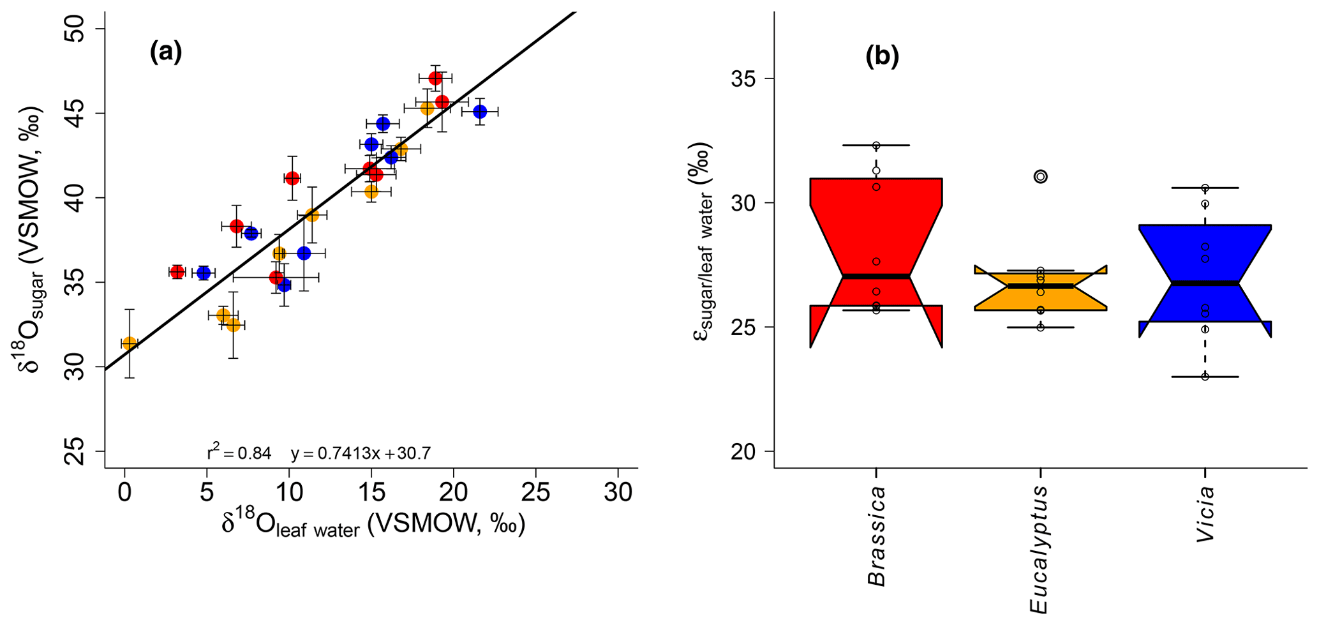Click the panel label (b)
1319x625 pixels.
[882, 57]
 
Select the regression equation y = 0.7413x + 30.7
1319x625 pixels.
[361, 454]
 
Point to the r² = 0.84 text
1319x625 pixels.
[239, 454]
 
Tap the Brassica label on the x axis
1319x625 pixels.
[877, 536]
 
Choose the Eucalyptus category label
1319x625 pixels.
[1040, 550]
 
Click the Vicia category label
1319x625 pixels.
[1205, 514]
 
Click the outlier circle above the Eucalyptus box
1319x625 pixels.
[1040, 176]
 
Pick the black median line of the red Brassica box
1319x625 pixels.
[876, 276]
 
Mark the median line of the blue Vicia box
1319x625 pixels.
[1205, 282]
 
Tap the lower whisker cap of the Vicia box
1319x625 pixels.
[1205, 377]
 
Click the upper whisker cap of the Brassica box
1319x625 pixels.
[876, 146]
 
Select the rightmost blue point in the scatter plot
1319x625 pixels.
[480, 112]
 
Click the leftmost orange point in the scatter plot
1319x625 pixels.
[130, 343]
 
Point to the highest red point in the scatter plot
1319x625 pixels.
[435, 79]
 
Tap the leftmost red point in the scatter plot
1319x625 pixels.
[177, 272]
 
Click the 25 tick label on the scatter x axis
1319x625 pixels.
[535, 492]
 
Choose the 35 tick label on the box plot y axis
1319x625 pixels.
[749, 79]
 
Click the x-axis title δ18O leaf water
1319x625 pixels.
[373, 525]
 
